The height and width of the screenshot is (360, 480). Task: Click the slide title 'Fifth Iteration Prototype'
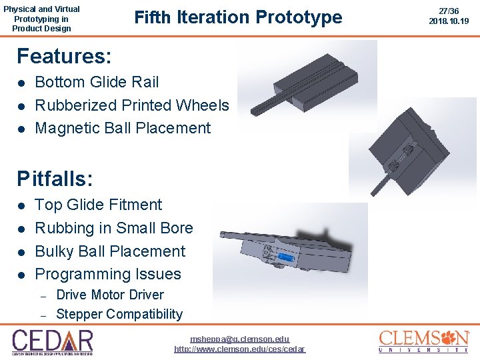click(238, 17)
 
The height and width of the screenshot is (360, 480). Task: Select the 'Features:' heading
click(64, 55)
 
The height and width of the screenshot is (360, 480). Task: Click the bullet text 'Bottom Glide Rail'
click(97, 82)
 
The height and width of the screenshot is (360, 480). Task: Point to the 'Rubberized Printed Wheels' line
click(131, 105)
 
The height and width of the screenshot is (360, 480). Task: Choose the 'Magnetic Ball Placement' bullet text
click(123, 128)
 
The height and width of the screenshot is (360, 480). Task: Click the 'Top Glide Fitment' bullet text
click(98, 205)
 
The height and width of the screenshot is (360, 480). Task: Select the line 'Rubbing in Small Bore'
click(113, 228)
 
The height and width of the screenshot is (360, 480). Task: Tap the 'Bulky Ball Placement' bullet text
click(110, 251)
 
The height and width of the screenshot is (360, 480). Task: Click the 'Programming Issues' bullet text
click(108, 274)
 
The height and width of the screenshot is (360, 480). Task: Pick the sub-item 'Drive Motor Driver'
click(110, 295)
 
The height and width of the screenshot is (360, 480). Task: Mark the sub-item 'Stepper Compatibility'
click(119, 314)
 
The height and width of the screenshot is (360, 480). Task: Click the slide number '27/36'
click(449, 11)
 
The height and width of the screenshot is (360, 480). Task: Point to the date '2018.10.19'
click(449, 21)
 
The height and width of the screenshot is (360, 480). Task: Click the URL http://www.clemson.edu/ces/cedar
click(240, 349)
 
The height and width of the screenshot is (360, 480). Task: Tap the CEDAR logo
click(53, 342)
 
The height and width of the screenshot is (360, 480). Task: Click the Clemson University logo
click(424, 341)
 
